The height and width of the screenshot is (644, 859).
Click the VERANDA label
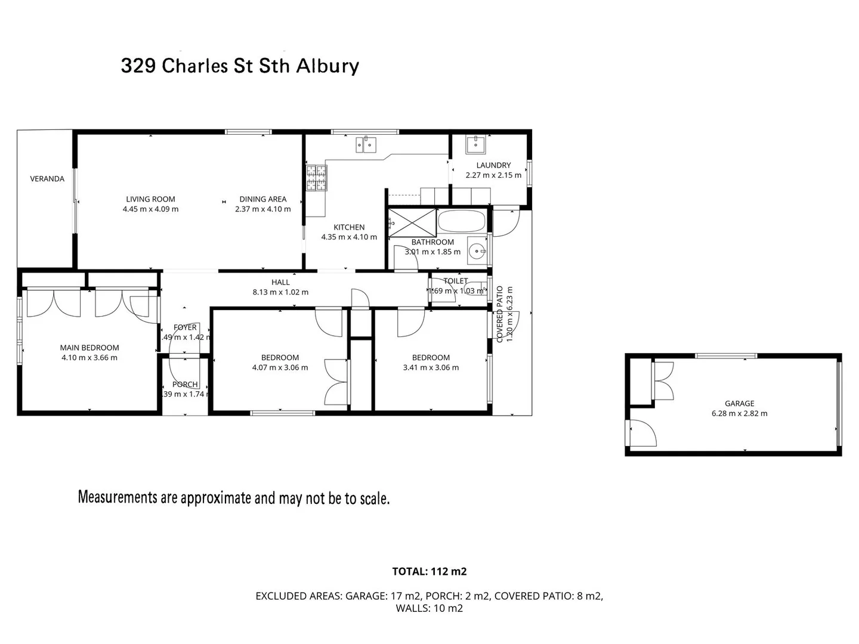(47, 178)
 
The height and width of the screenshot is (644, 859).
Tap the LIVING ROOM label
(150, 199)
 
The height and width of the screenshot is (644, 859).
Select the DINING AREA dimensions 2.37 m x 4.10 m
(263, 209)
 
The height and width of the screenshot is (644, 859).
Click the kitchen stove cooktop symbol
(317, 178)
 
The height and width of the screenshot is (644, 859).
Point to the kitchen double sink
(366, 144)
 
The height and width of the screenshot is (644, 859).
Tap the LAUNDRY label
(493, 165)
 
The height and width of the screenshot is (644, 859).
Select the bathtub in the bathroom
(462, 221)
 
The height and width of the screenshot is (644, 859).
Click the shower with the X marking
(412, 222)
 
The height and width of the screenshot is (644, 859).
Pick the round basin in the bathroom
(477, 252)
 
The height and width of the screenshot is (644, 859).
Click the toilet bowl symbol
(475, 288)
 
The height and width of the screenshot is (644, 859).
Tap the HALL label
(280, 283)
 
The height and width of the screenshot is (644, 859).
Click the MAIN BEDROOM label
(89, 348)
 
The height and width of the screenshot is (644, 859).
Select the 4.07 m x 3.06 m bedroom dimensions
(280, 368)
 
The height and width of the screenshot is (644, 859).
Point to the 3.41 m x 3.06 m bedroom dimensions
(431, 368)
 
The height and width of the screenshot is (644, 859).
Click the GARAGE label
(739, 404)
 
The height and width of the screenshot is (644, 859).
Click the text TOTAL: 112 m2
(429, 571)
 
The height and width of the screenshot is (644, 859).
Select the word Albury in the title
(327, 66)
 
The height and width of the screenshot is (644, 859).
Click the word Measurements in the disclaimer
(118, 497)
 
